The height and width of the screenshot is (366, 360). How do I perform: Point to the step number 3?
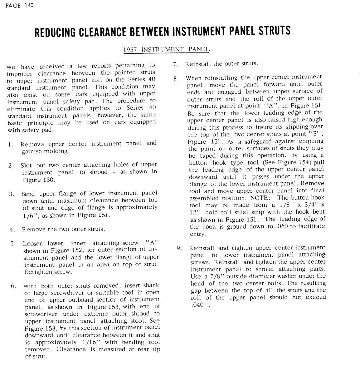(11, 194)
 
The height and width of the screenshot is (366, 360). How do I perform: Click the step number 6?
(13, 286)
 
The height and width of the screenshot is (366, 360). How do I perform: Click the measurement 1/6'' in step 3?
(30, 215)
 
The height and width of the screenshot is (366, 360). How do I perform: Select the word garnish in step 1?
(33, 151)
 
